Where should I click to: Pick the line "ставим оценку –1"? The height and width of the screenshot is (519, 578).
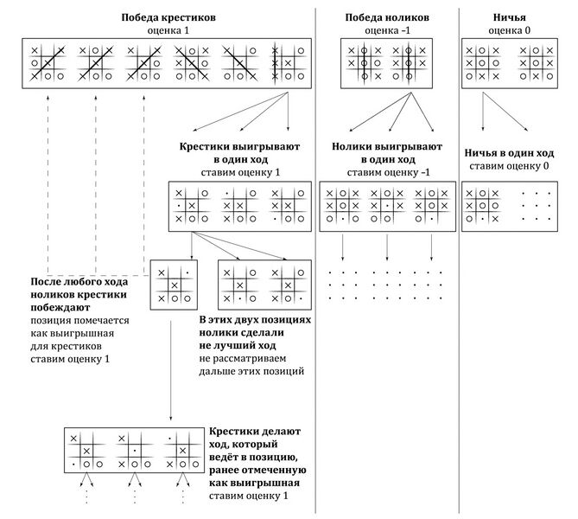387,172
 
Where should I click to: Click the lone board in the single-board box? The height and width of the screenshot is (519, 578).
174,284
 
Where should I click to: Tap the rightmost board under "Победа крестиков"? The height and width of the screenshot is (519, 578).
281,63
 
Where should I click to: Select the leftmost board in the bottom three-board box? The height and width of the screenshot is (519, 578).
86,451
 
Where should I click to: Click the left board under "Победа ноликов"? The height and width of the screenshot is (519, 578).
365,63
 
